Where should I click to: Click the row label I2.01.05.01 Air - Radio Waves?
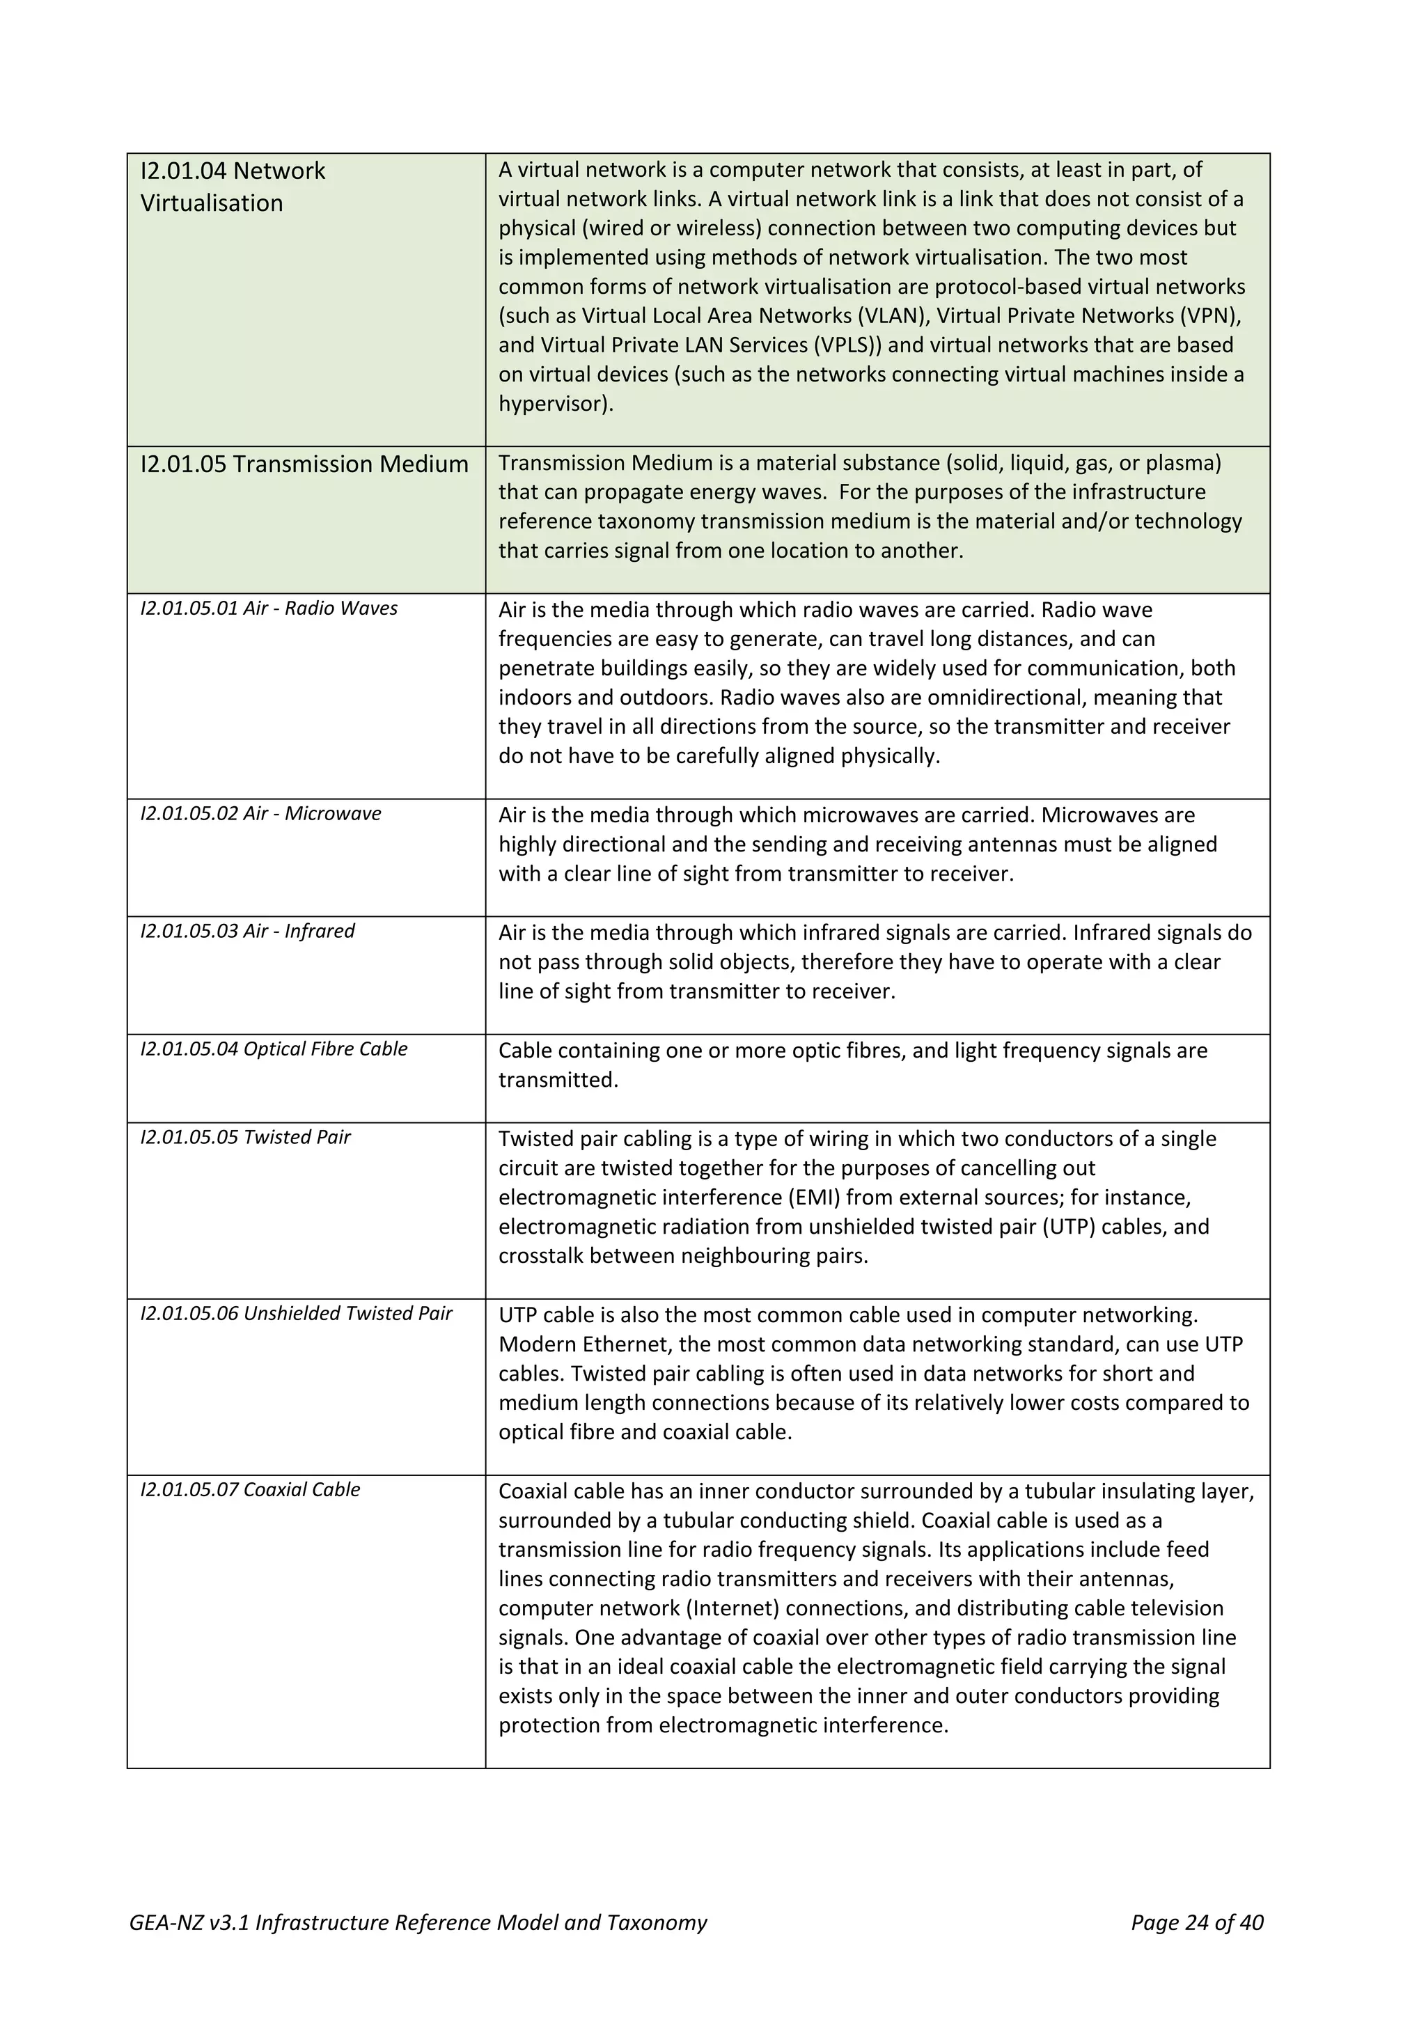point(269,609)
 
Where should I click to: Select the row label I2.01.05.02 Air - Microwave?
point(261,813)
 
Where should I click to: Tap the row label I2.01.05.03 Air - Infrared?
point(248,931)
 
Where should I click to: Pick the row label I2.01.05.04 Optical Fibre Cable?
point(274,1049)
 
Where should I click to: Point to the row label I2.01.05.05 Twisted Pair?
point(245,1138)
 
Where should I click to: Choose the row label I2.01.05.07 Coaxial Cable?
point(251,1490)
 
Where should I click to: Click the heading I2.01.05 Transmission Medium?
point(304,464)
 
